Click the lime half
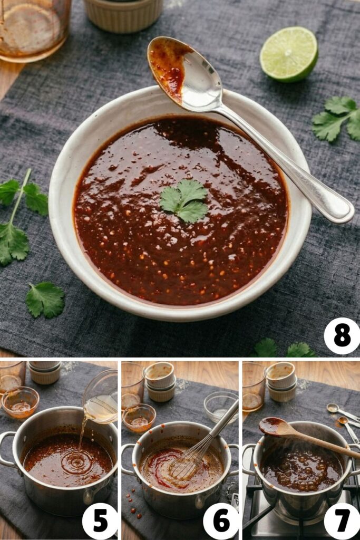pos(289,54)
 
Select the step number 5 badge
pos(100,521)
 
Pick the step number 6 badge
pos(221,521)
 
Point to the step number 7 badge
pos(342,521)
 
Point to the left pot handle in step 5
pos(7,448)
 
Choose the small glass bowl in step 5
pos(20,402)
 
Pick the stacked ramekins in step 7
pos(281,382)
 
